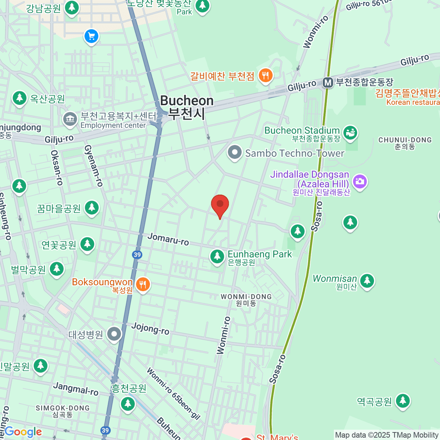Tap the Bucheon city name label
187,107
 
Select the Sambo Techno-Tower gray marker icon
235,153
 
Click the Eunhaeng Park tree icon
217,256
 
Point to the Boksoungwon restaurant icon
143,284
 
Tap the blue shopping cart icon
91,36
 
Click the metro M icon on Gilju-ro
328,82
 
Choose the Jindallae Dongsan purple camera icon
360,181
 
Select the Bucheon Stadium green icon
350,133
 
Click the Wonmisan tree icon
367,281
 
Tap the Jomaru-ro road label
168,239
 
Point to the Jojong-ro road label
150,328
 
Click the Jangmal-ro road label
76,389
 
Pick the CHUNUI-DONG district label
405,143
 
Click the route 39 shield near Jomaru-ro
137,254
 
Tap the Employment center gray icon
70,119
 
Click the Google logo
23,432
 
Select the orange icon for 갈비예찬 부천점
265,76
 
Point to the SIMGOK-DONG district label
63,411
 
